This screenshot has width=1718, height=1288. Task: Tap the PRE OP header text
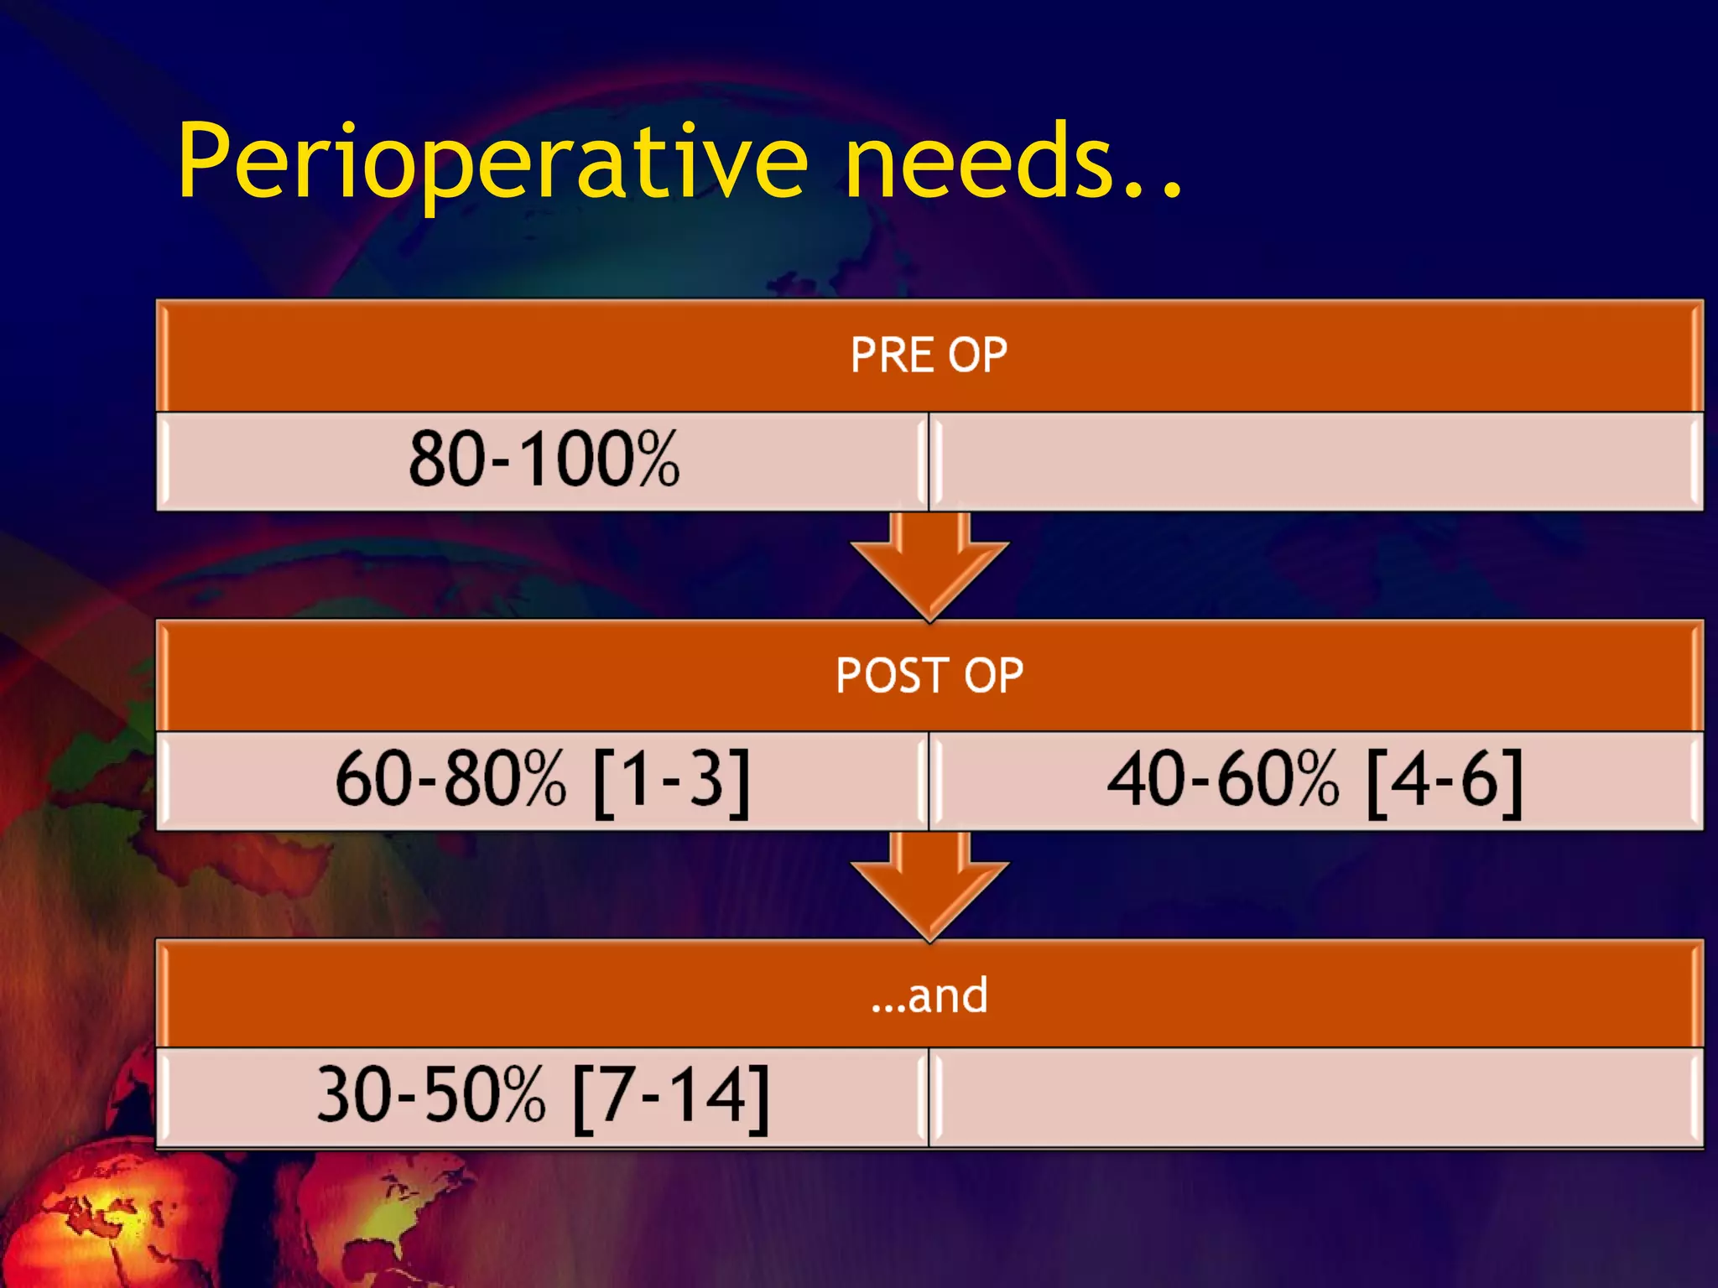pyautogui.click(x=929, y=355)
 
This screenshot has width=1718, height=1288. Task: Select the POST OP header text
pyautogui.click(x=929, y=675)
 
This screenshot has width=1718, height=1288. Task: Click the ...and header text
pyautogui.click(x=929, y=995)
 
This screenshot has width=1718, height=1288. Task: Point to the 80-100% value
pyautogui.click(x=544, y=460)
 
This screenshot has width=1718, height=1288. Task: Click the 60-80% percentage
pyautogui.click(x=450, y=780)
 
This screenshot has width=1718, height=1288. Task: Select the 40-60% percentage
pyautogui.click(x=1223, y=780)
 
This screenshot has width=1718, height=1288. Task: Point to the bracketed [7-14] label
pyautogui.click(x=671, y=1097)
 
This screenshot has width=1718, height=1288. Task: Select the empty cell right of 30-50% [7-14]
pyautogui.click(x=1315, y=1097)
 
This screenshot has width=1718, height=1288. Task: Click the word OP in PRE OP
pyautogui.click(x=977, y=355)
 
